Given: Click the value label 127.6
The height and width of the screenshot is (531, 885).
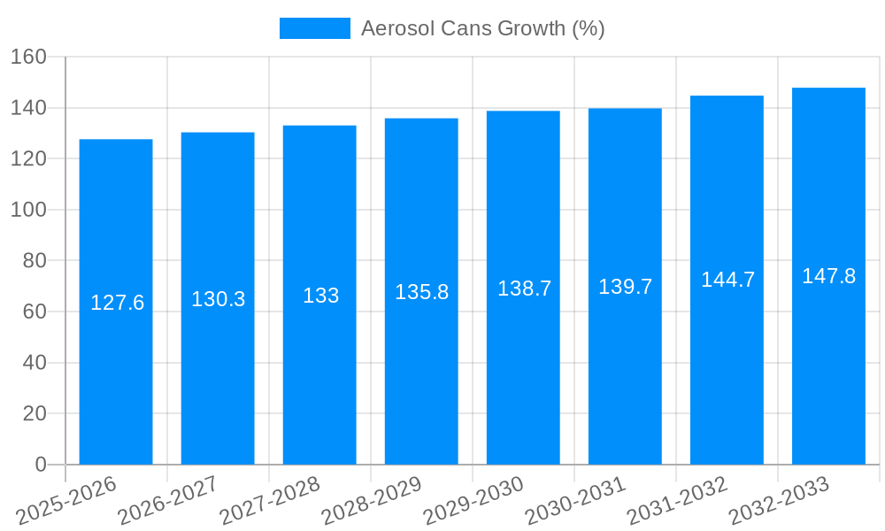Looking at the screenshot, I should tap(117, 303).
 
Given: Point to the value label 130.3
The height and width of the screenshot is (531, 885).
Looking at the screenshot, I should tap(218, 299).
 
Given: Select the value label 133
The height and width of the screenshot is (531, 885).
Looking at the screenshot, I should tap(320, 296).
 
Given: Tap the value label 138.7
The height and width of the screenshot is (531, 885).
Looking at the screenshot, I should tap(524, 289).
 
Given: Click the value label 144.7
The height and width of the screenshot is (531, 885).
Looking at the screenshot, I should tap(727, 280).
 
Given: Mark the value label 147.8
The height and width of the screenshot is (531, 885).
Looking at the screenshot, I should tap(828, 276).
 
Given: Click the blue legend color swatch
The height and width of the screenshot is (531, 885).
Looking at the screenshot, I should tap(314, 28).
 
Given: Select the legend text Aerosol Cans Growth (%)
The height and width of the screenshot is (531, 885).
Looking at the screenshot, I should tap(482, 28).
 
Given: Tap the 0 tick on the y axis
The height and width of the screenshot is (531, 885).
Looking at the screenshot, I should tap(39, 465).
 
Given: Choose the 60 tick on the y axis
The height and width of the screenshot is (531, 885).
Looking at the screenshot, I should tap(33, 312).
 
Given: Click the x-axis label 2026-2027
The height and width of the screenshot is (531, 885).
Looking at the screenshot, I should tap(168, 500).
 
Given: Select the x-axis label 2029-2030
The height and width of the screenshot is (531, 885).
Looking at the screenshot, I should tap(473, 500).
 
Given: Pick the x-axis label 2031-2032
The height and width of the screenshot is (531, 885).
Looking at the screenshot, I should tap(677, 500).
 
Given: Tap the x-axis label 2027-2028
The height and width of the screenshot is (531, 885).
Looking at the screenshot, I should tap(270, 500).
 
